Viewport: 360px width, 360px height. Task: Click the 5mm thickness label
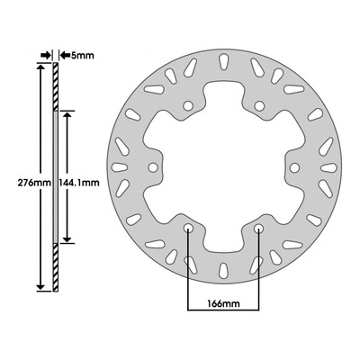pos(82,56)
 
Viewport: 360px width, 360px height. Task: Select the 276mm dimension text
pos(34,183)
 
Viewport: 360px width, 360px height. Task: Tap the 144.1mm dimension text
pos(79,183)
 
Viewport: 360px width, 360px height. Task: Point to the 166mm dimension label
pos(224,304)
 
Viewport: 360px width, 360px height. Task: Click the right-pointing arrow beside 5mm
pos(46,55)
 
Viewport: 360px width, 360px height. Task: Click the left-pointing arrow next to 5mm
pos(65,55)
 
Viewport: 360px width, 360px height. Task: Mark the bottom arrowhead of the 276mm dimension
pos(40,287)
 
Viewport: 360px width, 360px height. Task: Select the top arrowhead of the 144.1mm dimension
pos(67,115)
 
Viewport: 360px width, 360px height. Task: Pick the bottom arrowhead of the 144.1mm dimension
pos(67,238)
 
